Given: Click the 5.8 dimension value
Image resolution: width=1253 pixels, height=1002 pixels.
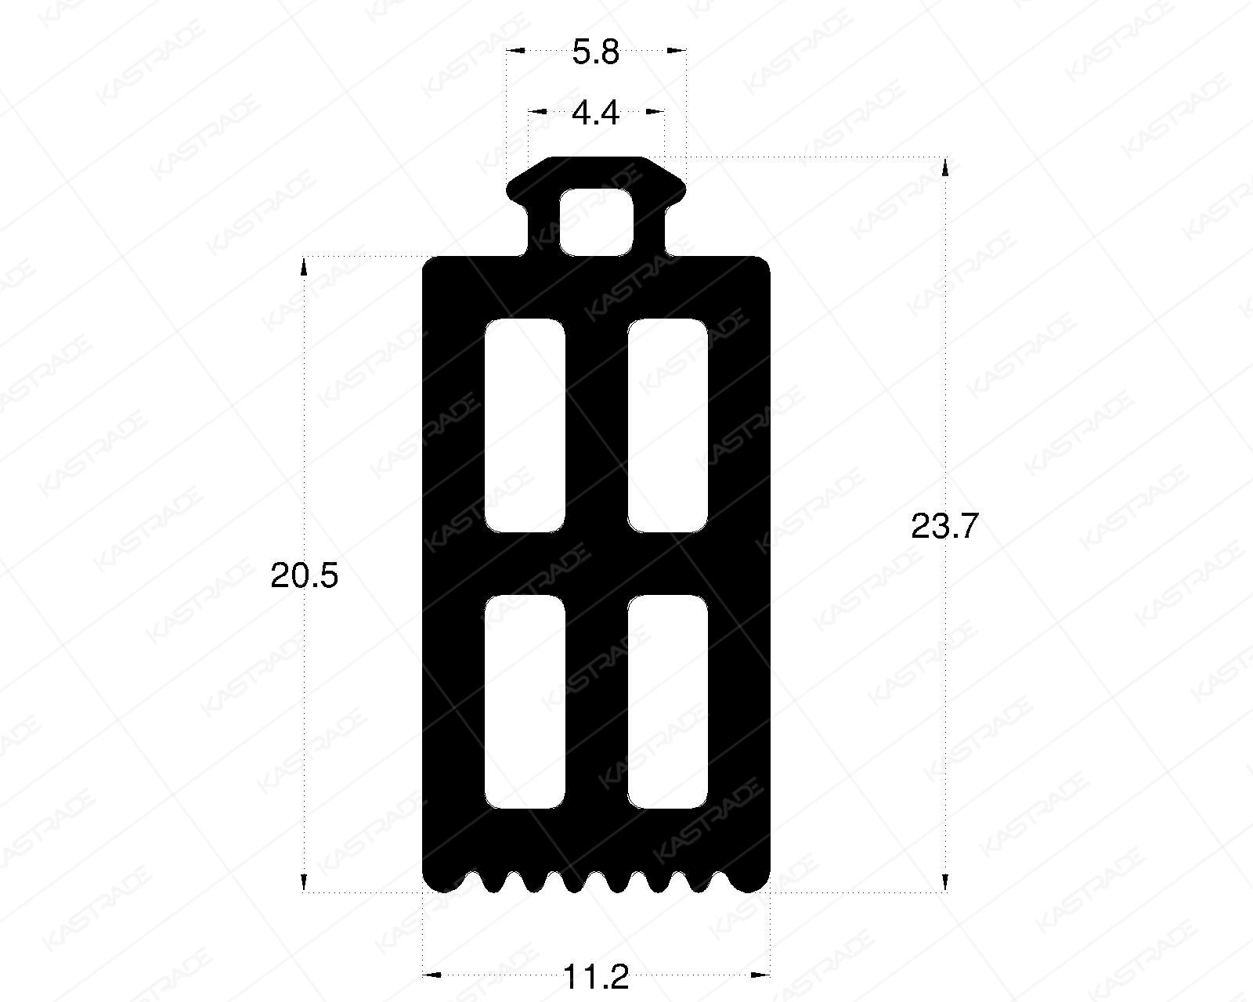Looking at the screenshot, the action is tap(596, 52).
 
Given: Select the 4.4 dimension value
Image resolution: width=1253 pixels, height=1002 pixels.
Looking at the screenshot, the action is tap(596, 113).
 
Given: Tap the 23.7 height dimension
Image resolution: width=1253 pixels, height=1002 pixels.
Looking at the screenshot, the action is tap(944, 527).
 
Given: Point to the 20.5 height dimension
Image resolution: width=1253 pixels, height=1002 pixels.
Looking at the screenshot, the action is tap(304, 576).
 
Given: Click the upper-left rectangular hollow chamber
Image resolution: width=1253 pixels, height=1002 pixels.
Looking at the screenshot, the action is tap(525, 426).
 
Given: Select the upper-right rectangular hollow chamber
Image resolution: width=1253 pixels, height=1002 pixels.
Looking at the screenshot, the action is tap(668, 426).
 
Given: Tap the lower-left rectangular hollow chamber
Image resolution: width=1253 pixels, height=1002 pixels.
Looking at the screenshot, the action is tap(525, 701).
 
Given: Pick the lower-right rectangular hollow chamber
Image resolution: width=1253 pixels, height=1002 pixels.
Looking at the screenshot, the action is tap(668, 701).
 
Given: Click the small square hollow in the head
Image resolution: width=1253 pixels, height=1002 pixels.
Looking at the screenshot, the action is tap(596, 222).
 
